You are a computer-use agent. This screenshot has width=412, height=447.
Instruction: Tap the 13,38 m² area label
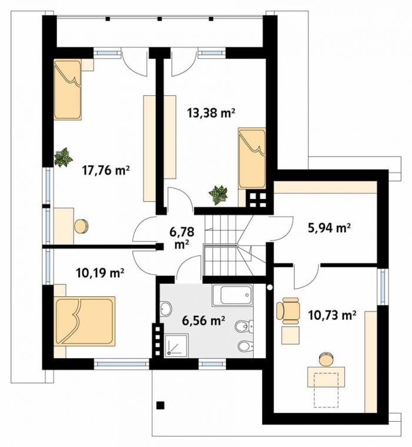pyautogui.click(x=211, y=113)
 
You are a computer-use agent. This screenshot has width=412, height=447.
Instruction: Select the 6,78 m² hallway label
pyautogui.click(x=182, y=237)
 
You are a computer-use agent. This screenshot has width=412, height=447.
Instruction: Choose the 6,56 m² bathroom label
pyautogui.click(x=204, y=321)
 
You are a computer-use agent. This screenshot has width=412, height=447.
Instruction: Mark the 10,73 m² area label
pyautogui.click(x=332, y=315)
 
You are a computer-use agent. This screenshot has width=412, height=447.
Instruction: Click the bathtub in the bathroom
pyautogui.click(x=232, y=295)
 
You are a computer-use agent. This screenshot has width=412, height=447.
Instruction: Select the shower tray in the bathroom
pyautogui.click(x=176, y=345)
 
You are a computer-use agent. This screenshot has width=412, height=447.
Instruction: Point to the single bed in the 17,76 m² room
pyautogui.click(x=68, y=90)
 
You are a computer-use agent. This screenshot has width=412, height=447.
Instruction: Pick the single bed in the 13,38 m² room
pyautogui.click(x=252, y=158)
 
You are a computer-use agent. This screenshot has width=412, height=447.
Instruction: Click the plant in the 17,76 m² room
pyautogui.click(x=64, y=157)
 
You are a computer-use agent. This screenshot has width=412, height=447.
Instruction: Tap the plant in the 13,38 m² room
pyautogui.click(x=218, y=195)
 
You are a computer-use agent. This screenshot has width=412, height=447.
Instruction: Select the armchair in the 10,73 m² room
pyautogui.click(x=288, y=311)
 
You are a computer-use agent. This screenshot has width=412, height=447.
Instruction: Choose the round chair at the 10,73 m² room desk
pyautogui.click(x=325, y=359)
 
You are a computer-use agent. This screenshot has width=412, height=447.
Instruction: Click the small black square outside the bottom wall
pyautogui.click(x=161, y=405)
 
